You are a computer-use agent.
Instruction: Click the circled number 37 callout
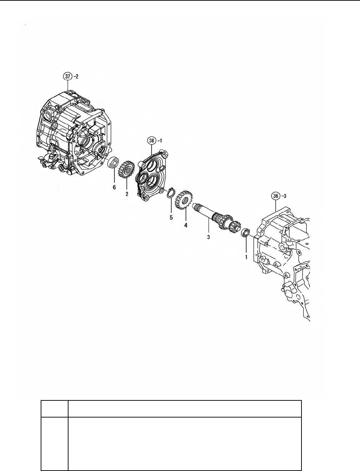[67, 76]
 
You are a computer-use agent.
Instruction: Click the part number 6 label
[114, 187]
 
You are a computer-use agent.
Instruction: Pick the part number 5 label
[171, 217]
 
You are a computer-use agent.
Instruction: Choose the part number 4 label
[186, 225]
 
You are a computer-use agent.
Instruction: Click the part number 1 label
[246, 256]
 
